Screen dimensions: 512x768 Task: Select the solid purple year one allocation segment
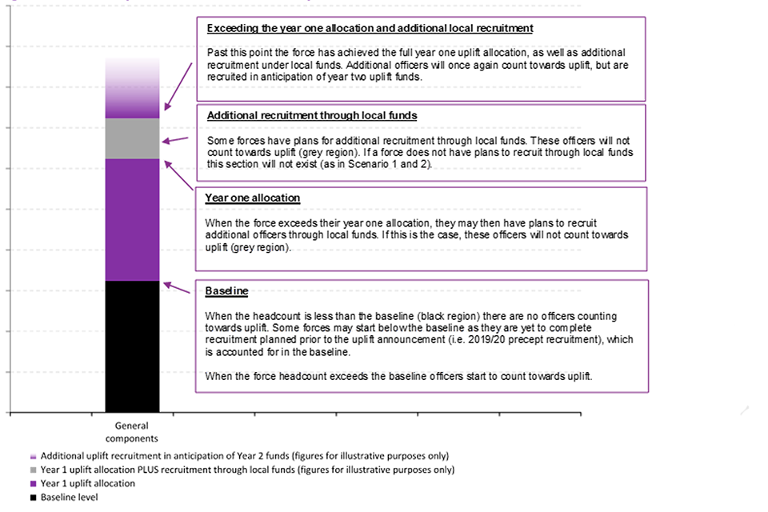(x=132, y=219)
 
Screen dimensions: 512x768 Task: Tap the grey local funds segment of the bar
(x=132, y=138)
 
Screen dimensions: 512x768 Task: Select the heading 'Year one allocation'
(x=252, y=198)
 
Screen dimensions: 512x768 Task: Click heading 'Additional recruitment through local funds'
(x=311, y=115)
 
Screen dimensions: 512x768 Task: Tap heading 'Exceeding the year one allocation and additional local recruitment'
(x=370, y=28)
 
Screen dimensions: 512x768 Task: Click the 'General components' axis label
(x=132, y=432)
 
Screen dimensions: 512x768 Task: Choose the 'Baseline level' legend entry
(x=70, y=498)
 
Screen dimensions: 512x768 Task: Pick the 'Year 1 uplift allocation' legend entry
(x=88, y=483)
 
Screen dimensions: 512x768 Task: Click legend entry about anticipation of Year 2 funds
(x=244, y=455)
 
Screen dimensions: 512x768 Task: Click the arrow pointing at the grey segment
(x=177, y=142)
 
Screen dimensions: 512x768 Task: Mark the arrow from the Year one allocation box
(x=178, y=175)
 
